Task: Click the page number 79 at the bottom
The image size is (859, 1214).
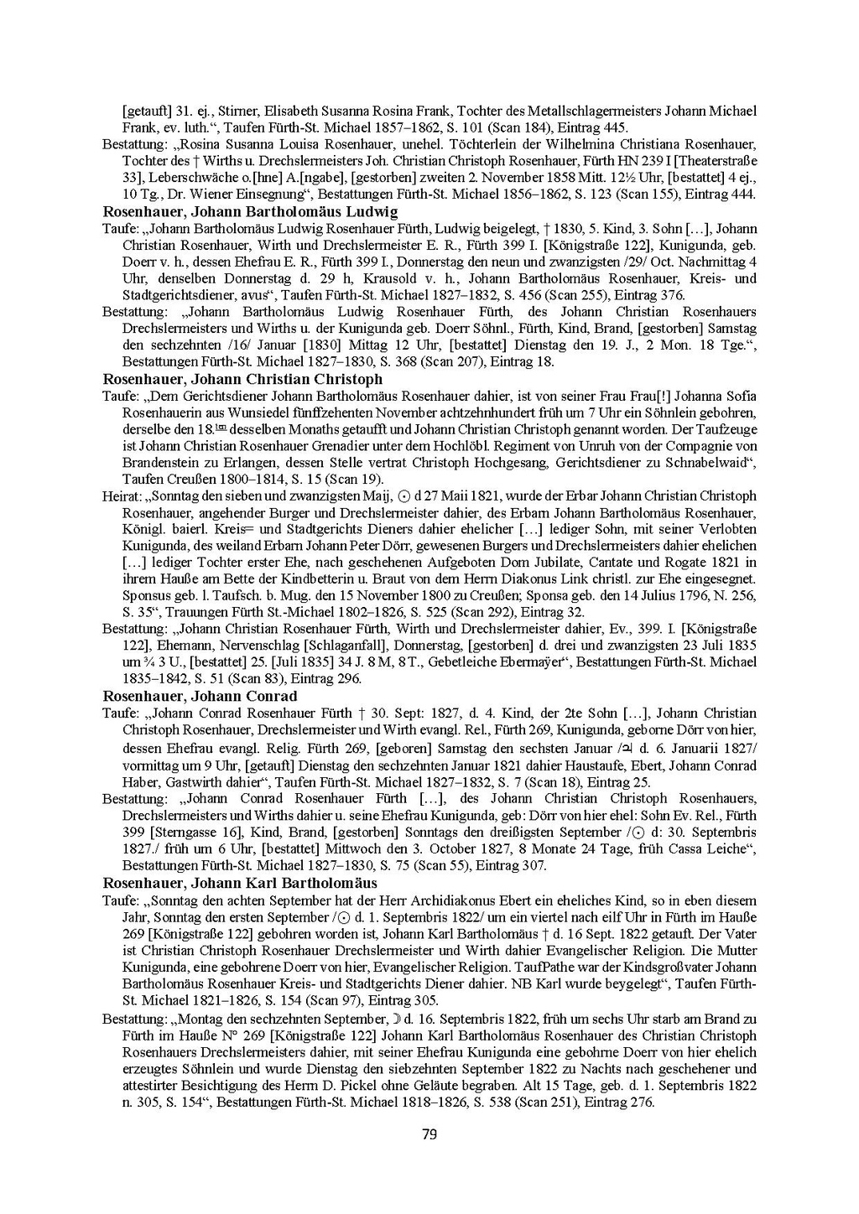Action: (x=429, y=1135)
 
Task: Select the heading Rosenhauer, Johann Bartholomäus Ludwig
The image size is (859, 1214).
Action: (x=250, y=211)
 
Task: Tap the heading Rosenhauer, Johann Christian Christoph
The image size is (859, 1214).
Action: (x=242, y=378)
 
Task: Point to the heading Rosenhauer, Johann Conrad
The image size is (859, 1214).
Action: (x=200, y=696)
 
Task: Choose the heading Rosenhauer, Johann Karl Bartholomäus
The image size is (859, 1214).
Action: (x=240, y=883)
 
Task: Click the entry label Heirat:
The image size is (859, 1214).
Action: (x=121, y=495)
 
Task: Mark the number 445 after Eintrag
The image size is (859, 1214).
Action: (x=615, y=127)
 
